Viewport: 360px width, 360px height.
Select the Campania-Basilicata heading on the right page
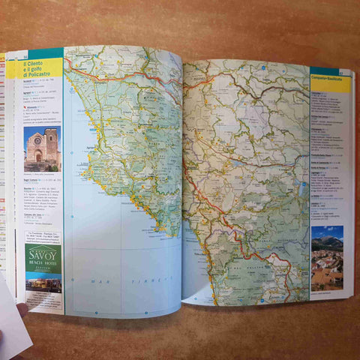tap(330, 79)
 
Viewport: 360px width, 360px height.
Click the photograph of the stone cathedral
tap(42, 148)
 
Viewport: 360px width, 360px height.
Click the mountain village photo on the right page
tap(327, 259)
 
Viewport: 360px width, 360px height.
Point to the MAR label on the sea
tap(96, 280)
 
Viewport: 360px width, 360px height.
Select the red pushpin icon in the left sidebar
tap(25, 106)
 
